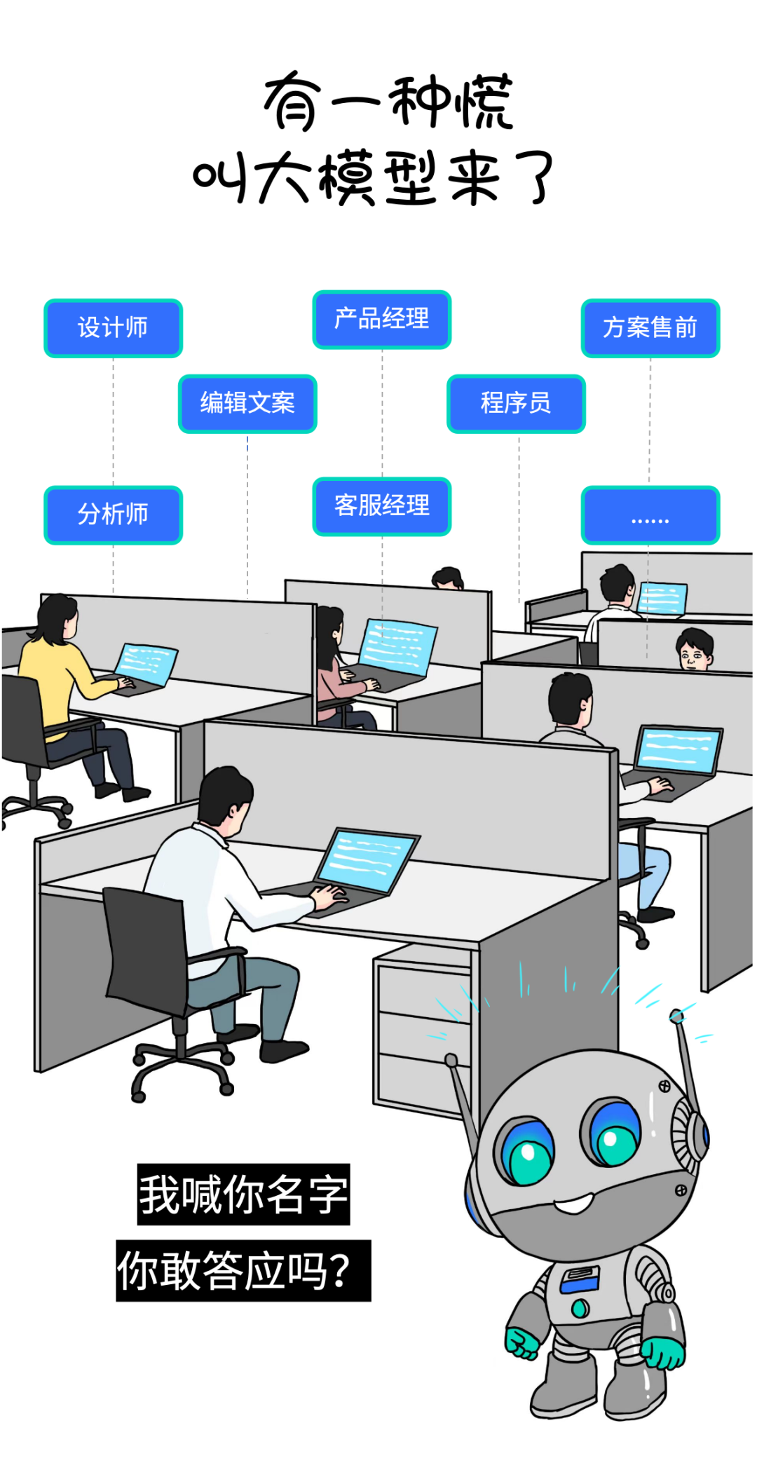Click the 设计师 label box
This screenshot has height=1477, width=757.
coord(113,328)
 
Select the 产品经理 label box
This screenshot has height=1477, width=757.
coord(381,319)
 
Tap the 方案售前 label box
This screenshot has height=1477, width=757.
coord(650,328)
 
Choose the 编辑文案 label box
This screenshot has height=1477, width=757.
coord(247,403)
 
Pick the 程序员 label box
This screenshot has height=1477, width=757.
coord(516,403)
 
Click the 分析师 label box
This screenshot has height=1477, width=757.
coord(113,515)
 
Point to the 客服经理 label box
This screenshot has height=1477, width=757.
coord(381,506)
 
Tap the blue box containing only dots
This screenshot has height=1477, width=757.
coord(650,515)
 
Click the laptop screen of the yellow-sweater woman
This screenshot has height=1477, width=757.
coord(146,663)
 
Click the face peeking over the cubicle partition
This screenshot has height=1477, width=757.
coord(693,651)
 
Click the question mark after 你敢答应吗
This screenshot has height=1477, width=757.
coord(339,1270)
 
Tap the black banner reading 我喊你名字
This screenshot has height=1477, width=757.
coord(243,1194)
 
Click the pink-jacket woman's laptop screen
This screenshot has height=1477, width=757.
coord(397,646)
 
